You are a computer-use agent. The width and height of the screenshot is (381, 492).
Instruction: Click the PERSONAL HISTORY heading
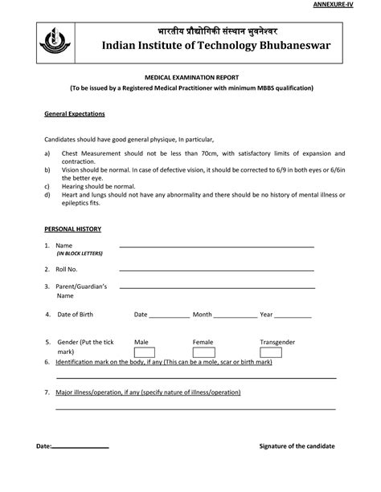click(72, 229)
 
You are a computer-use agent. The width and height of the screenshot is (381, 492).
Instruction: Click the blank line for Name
click(216, 246)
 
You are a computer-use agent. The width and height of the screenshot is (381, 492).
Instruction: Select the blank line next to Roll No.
click(216, 270)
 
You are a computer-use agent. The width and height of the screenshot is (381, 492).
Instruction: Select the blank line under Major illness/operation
click(195, 408)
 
